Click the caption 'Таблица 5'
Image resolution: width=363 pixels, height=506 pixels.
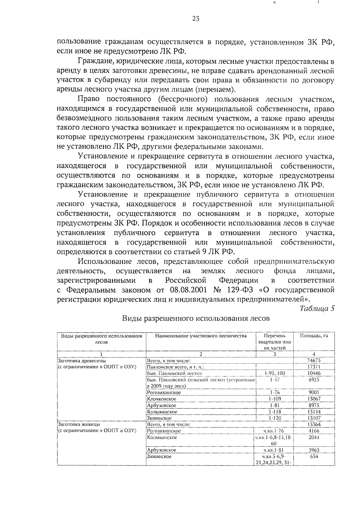(317, 308)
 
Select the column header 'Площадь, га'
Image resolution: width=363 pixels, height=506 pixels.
(314, 336)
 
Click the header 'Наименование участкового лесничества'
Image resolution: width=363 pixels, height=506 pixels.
(201, 336)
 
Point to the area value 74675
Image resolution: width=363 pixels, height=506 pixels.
(314, 360)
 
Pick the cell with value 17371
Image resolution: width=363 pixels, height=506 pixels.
(314, 367)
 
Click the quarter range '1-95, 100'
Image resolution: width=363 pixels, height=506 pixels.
(274, 373)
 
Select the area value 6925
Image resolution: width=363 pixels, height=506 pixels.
(314, 379)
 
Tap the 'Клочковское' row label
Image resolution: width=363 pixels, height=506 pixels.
(162, 399)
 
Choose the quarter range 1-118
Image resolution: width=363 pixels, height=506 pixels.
(274, 412)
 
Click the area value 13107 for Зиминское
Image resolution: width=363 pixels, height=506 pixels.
(314, 418)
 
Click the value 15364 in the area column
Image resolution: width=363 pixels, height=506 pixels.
(314, 424)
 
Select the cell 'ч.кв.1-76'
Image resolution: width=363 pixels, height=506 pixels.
(274, 431)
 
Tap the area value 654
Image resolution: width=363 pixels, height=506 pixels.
(314, 456)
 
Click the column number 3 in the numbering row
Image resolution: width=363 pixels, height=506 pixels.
(274, 354)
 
